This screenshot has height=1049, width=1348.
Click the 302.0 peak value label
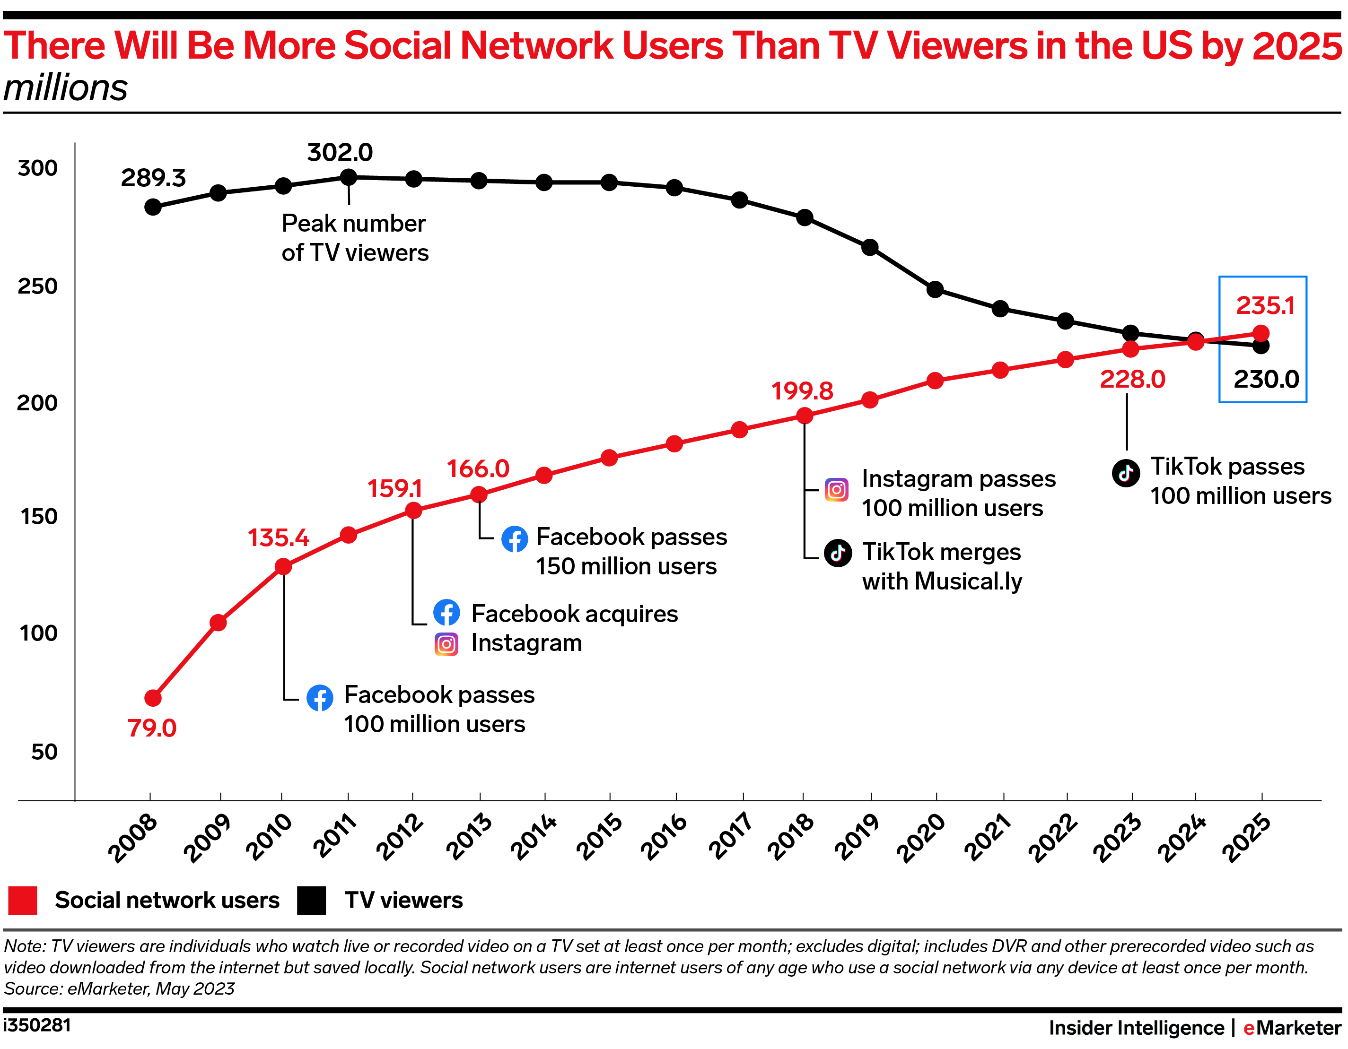340,152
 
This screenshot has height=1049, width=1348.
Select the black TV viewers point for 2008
153,207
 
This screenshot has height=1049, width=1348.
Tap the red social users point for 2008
153,698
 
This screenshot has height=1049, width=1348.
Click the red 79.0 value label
152,728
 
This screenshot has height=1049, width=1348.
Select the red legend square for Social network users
23,900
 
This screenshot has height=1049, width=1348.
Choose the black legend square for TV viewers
311,900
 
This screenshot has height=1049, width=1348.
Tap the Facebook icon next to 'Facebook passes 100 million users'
320,698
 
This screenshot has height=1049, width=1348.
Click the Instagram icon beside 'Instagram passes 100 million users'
836,490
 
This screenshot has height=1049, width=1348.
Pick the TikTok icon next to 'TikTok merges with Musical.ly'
838,553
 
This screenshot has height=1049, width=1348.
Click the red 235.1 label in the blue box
1265,306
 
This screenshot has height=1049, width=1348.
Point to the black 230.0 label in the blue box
1266,379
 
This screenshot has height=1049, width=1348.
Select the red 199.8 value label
802,390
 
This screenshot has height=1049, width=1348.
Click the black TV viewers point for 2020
935,289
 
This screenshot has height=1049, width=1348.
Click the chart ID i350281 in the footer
37,1025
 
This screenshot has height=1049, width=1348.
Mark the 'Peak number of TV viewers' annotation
354,238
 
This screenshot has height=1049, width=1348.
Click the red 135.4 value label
279,538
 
